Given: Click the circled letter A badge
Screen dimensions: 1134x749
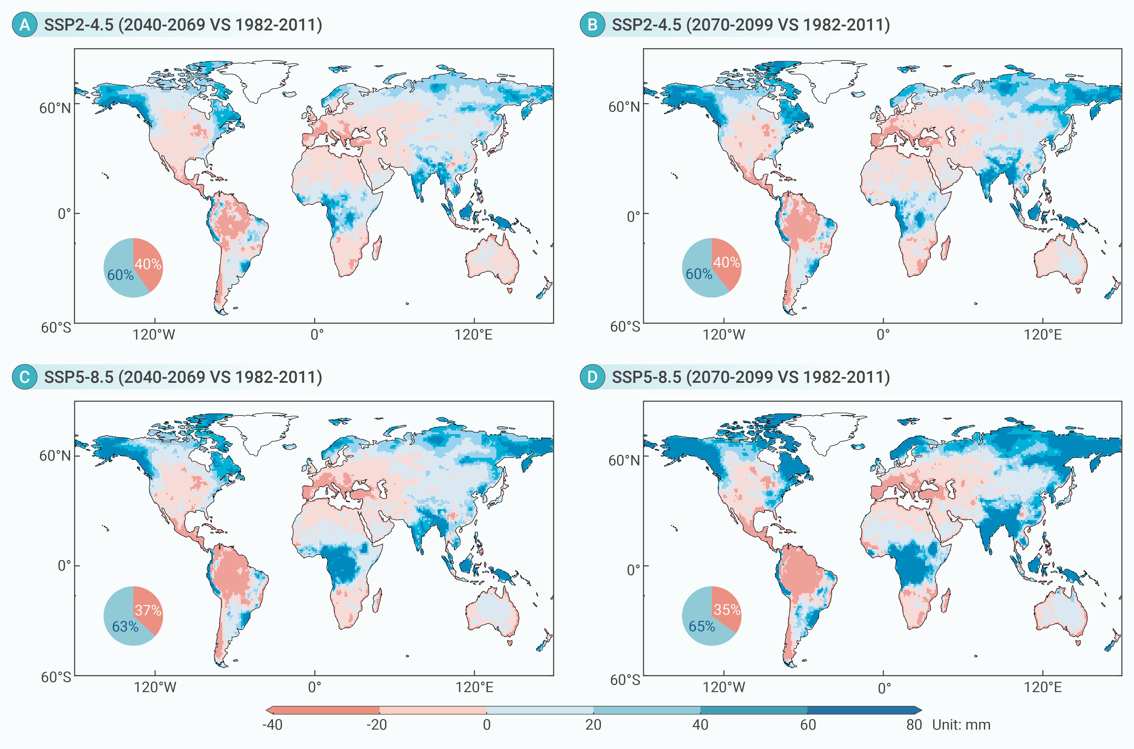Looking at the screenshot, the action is pos(24,24).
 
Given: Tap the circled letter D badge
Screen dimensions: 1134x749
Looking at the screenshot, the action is pos(592,377).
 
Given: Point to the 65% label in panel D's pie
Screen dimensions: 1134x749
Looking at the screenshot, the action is pos(702,626).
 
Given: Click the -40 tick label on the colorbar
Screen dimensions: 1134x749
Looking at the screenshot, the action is pos(272,725).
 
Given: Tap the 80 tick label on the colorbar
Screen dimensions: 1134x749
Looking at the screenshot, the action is pos(914,725).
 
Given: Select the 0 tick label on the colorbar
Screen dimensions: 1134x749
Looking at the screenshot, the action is pos(487,725).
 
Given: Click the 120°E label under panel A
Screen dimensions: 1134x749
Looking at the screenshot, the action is pos(473,334).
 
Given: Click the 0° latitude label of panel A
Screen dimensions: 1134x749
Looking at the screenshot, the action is pos(64,213).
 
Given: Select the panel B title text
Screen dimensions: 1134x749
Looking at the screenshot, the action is pos(751,24).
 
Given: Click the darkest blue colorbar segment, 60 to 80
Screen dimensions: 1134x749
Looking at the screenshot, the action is pos(861,710).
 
